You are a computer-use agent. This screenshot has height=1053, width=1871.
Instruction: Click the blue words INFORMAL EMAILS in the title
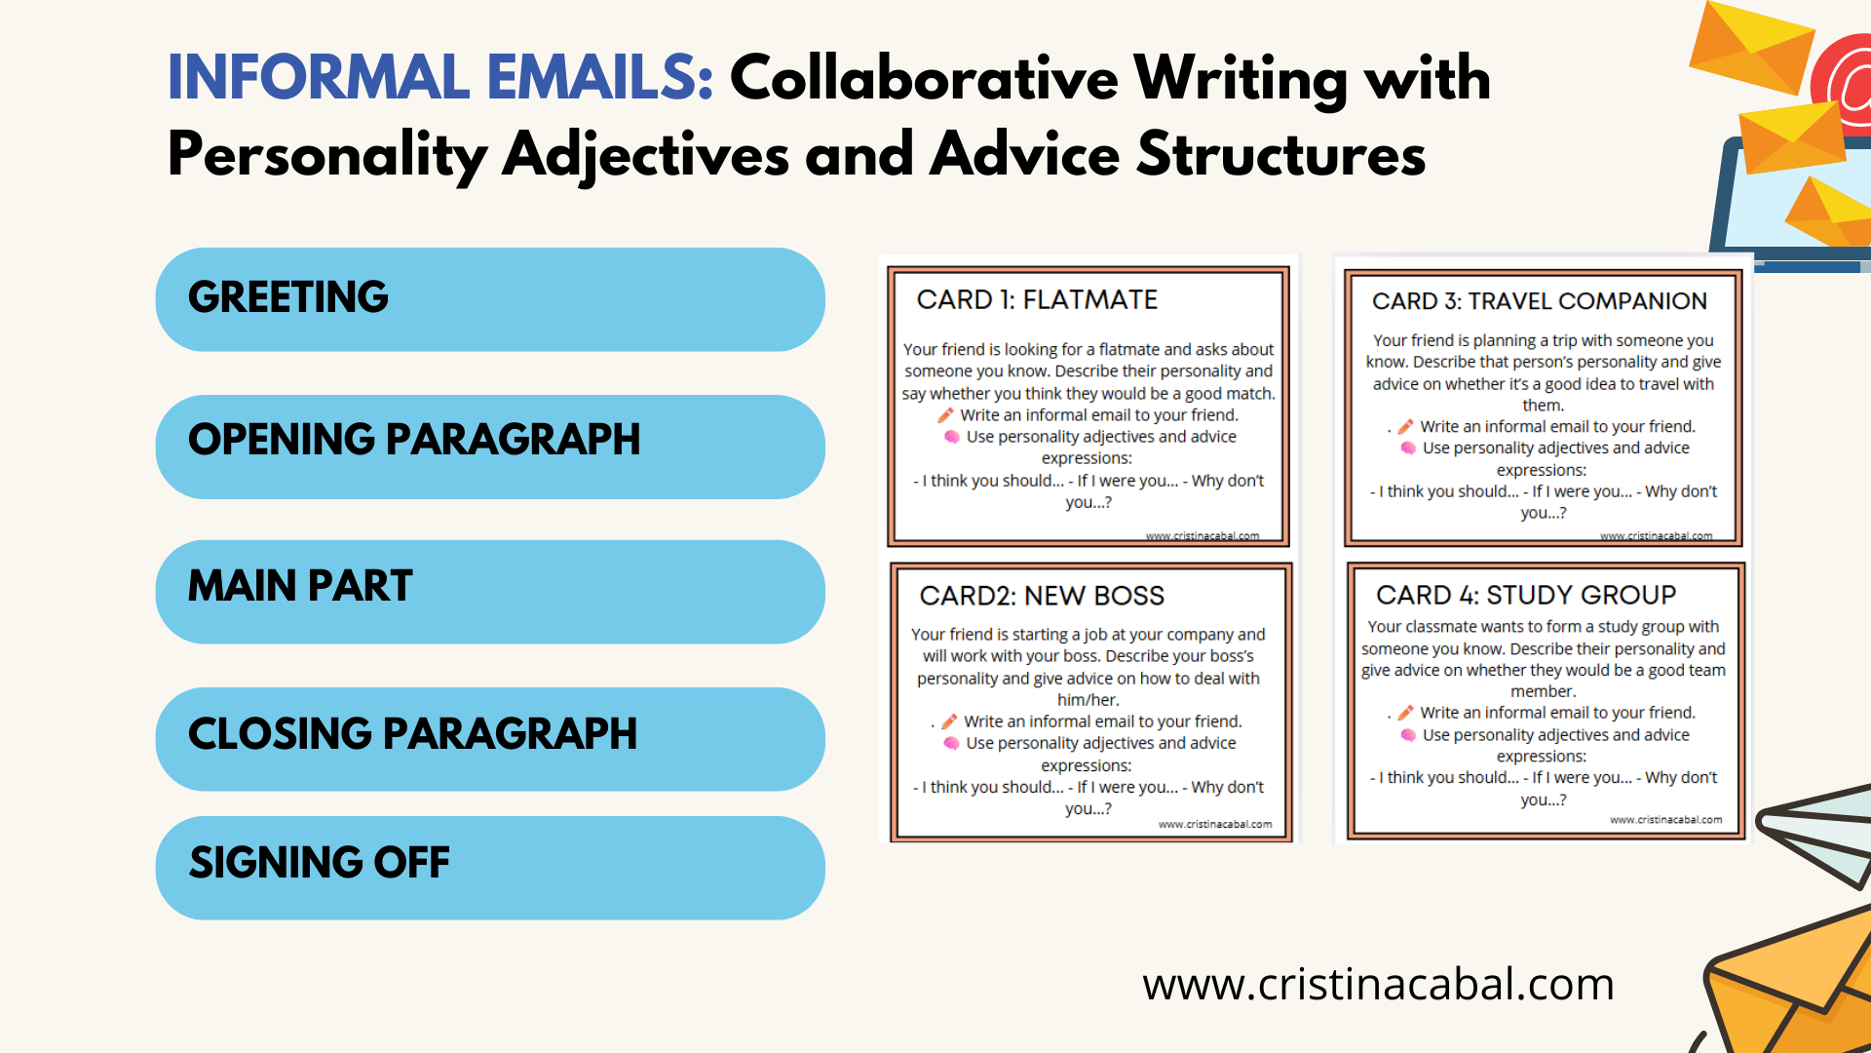click(x=440, y=77)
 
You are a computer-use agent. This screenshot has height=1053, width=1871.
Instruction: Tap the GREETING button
click(x=490, y=299)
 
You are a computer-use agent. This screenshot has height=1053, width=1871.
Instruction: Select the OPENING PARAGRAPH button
click(x=490, y=447)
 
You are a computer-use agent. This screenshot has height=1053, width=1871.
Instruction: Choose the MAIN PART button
click(x=490, y=592)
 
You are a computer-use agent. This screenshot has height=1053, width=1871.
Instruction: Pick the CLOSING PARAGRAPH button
click(x=490, y=739)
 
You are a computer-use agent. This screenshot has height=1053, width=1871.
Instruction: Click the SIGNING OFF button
click(x=490, y=868)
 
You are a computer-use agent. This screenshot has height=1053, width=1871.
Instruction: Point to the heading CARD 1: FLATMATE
click(x=1037, y=299)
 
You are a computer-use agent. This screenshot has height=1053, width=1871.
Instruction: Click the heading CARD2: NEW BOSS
click(x=1042, y=596)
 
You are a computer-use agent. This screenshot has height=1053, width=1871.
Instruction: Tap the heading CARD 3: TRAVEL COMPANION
click(x=1540, y=301)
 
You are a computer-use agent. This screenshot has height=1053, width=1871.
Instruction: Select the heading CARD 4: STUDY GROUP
click(x=1526, y=595)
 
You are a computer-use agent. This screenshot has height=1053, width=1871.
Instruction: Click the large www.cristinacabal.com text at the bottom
click(x=1378, y=985)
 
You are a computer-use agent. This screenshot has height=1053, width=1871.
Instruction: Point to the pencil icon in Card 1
click(x=945, y=415)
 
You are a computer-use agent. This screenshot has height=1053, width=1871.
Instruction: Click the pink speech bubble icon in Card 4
click(x=1408, y=735)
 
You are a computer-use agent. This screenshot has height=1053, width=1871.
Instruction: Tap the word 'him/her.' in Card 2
click(x=1088, y=700)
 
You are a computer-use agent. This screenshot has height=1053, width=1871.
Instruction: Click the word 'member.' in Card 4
click(x=1543, y=691)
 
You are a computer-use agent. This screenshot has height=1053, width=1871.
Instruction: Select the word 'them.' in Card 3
click(x=1544, y=406)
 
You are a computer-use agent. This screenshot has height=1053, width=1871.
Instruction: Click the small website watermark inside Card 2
click(x=1215, y=825)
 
